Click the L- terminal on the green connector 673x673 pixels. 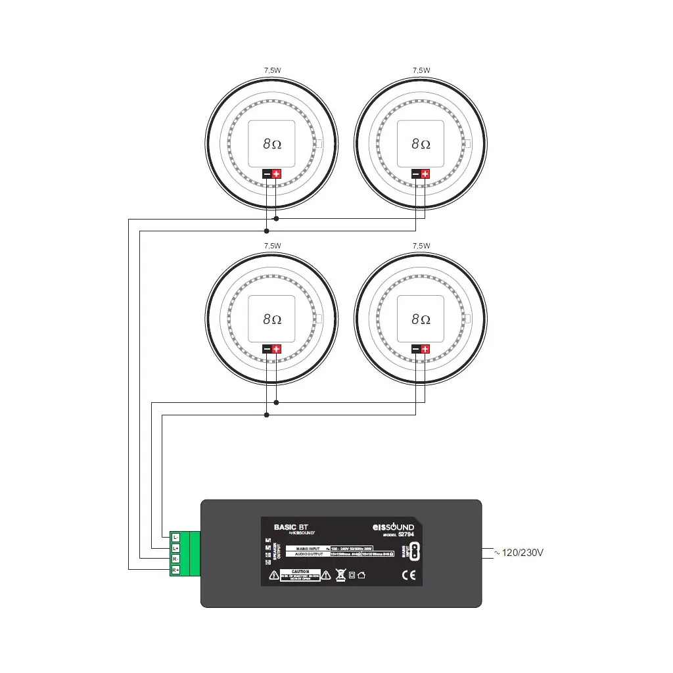[x=175, y=538]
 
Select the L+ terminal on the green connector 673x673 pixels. [x=175, y=548]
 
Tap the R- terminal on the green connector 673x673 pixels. [x=175, y=559]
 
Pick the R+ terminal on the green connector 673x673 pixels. [x=175, y=570]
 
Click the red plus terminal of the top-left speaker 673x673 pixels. [x=277, y=174]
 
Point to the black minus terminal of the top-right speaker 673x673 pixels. [x=415, y=174]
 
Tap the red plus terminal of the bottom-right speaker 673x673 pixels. [x=425, y=349]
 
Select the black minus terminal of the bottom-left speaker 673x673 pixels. [x=267, y=349]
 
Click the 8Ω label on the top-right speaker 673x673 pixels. [x=421, y=143]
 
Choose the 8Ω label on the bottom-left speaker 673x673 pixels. [x=272, y=319]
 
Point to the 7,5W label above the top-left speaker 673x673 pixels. [x=272, y=70]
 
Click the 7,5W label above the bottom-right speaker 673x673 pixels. [x=421, y=246]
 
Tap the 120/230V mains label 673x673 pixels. [x=523, y=553]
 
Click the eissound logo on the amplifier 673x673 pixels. [x=393, y=527]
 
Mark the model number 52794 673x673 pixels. [x=406, y=534]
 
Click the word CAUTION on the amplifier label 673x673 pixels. [x=300, y=572]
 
